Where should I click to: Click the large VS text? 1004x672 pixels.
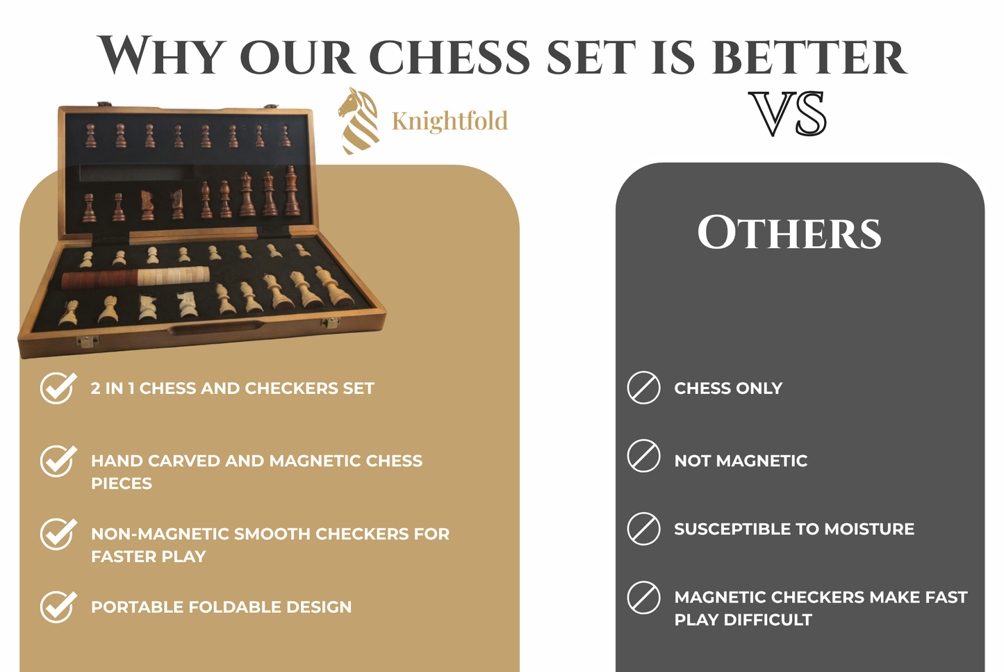(x=789, y=114)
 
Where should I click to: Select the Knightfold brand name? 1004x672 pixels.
(x=450, y=121)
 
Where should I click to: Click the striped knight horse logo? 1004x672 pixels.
(x=359, y=120)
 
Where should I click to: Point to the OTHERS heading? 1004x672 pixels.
(x=789, y=233)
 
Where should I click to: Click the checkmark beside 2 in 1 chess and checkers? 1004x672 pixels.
(x=58, y=388)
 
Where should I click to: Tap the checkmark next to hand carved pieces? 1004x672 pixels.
(x=58, y=461)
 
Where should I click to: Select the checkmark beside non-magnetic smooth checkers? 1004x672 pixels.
(x=58, y=534)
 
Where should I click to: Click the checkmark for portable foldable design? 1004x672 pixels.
(x=58, y=607)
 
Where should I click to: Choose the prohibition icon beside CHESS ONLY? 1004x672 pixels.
(x=644, y=388)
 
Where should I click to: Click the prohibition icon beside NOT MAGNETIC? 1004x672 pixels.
(x=644, y=456)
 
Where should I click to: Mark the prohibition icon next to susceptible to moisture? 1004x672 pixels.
(x=644, y=529)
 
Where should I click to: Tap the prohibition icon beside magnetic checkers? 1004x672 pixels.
(x=644, y=598)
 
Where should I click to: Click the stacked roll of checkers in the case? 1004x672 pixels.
(x=135, y=277)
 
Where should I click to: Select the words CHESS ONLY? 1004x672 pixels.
(x=728, y=388)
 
